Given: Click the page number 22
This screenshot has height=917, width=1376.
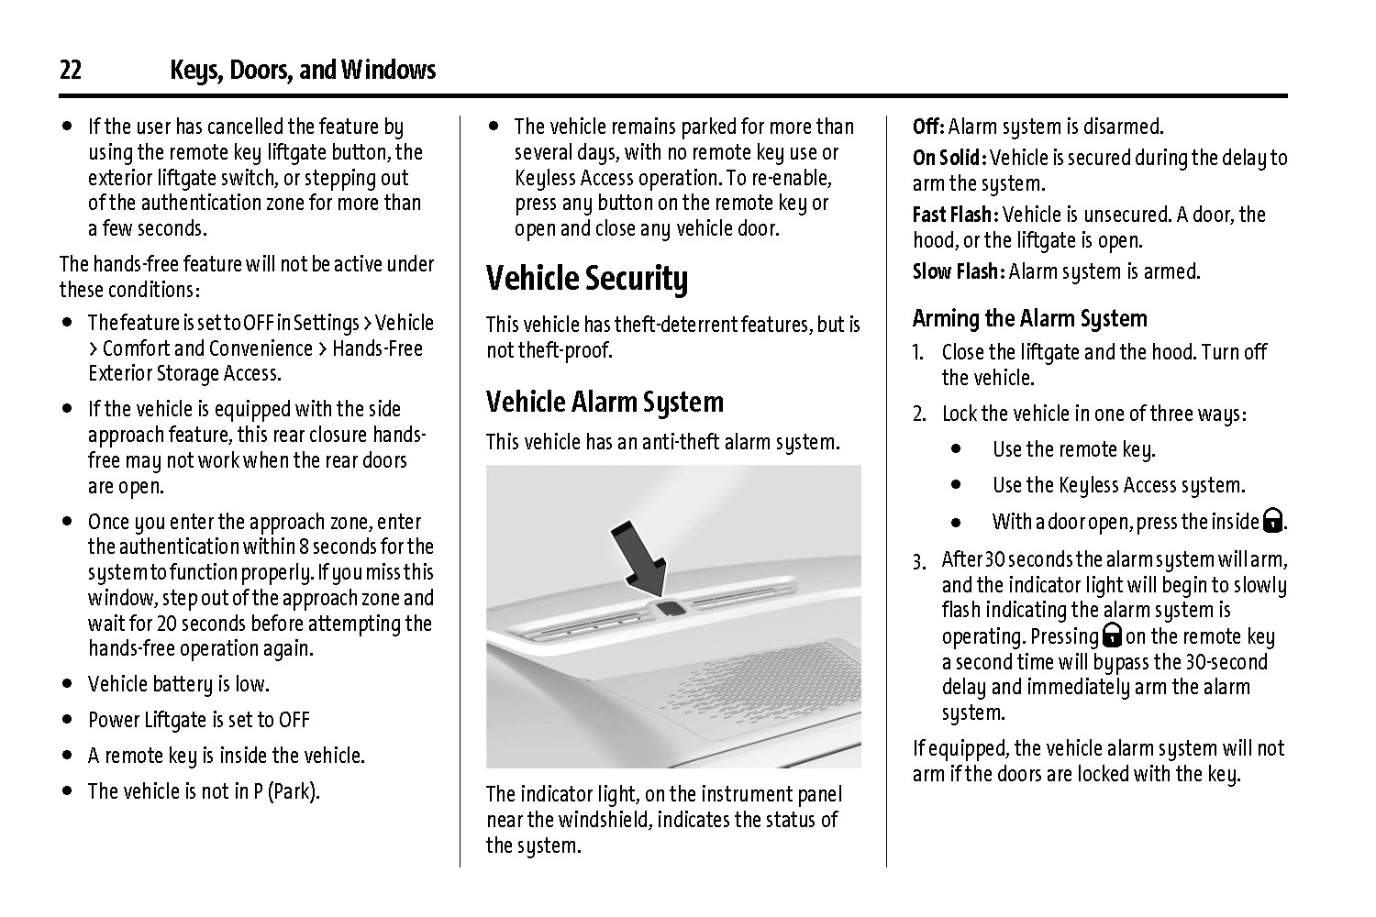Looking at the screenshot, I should [x=71, y=71].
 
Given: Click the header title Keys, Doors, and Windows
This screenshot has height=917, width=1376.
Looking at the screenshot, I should [x=303, y=71].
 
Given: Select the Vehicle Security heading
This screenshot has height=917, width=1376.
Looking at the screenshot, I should [x=586, y=279].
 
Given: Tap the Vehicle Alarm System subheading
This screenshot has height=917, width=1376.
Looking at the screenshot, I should [x=605, y=402].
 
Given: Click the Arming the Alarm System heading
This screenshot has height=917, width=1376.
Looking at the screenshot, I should [x=1029, y=318].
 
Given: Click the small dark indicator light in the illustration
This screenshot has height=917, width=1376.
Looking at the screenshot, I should [x=669, y=608].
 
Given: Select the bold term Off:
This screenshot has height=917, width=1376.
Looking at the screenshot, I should [x=928, y=127].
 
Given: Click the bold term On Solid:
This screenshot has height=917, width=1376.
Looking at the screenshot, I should [x=949, y=158].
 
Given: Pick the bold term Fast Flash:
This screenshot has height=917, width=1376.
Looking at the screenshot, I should [x=954, y=215].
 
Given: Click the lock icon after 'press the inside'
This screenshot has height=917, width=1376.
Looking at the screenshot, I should [x=1272, y=522].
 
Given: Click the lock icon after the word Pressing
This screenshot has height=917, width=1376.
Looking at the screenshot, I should [x=1112, y=635].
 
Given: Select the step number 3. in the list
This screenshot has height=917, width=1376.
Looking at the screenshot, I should [x=919, y=560].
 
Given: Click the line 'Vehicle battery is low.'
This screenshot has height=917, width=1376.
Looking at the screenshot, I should [x=178, y=684].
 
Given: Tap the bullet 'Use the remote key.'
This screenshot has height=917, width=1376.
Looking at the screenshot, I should [x=1073, y=449].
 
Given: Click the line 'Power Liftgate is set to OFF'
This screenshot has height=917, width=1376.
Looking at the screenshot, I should [x=199, y=720].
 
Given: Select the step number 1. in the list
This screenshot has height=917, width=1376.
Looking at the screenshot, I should [x=918, y=353].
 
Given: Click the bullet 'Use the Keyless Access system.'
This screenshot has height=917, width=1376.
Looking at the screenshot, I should [x=1118, y=485].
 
